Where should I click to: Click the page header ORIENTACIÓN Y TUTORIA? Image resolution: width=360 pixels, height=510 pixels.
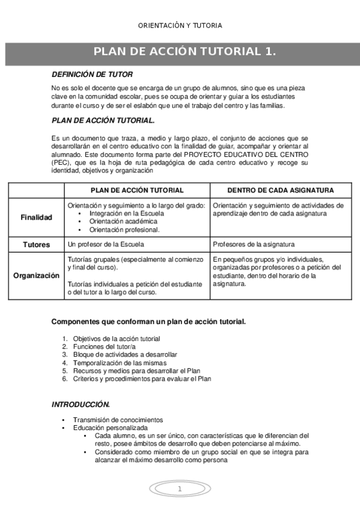click(x=180, y=25)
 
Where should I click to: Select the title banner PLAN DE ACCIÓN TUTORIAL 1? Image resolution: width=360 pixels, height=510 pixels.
click(x=185, y=52)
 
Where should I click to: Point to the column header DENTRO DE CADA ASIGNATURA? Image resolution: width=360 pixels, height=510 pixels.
click(x=281, y=190)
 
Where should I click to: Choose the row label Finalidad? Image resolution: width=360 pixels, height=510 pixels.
click(x=36, y=217)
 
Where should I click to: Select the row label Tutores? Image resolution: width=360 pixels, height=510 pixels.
click(x=36, y=245)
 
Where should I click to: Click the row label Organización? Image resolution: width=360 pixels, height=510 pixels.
click(x=36, y=275)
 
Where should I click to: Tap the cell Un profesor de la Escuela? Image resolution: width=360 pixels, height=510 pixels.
click(x=106, y=245)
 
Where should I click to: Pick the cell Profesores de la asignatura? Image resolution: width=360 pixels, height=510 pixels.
click(x=254, y=245)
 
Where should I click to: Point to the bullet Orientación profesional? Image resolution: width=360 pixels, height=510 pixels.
click(x=124, y=229)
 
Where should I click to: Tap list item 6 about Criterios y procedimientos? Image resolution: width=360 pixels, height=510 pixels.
click(x=142, y=379)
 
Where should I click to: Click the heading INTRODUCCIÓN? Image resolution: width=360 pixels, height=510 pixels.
click(x=81, y=404)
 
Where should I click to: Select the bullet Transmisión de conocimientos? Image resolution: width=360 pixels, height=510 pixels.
click(x=118, y=420)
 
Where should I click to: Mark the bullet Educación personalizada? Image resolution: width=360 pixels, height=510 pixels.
click(x=110, y=428)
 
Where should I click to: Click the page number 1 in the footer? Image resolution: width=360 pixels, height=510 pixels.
click(x=179, y=489)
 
